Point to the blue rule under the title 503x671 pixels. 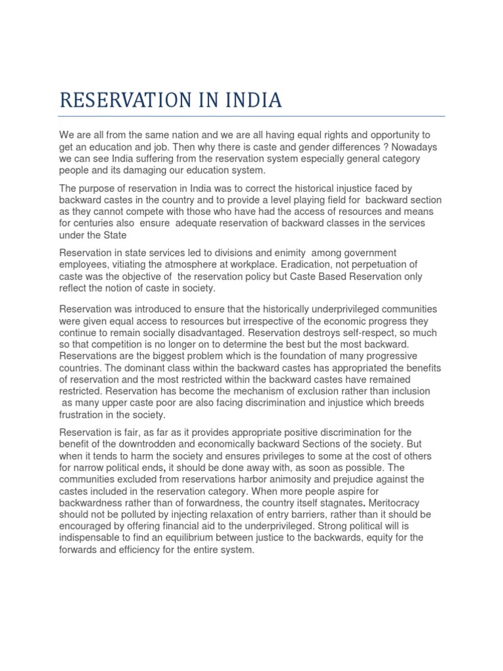point(251,117)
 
